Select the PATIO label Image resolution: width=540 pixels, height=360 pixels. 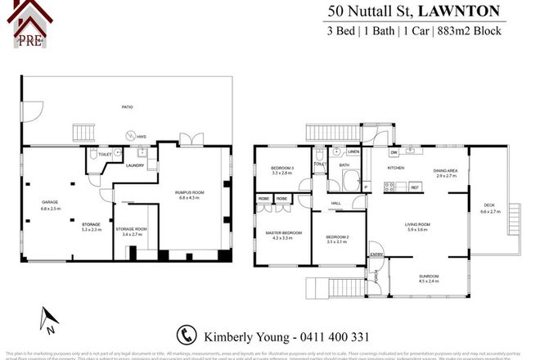(128, 106)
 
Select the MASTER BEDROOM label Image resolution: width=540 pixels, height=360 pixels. (282, 233)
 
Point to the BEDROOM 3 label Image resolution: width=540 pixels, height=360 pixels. (281, 169)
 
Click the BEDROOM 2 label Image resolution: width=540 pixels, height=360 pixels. (336, 238)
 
